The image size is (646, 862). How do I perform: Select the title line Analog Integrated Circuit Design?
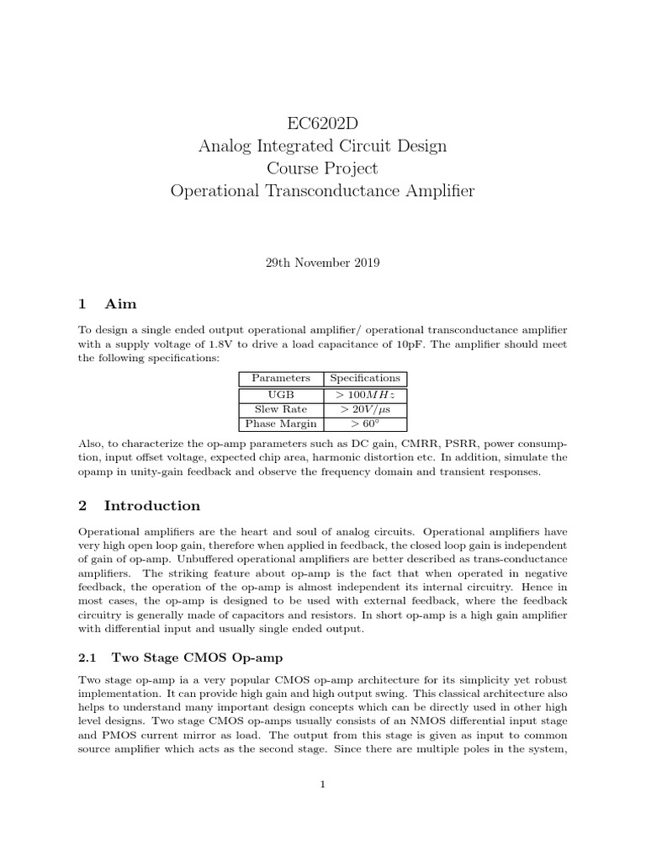coord(322,146)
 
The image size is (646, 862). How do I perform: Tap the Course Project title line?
coord(322,168)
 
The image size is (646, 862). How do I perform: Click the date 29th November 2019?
coord(322,263)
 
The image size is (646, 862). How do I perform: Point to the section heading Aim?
coord(120,303)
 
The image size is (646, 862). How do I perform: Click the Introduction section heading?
coord(152,506)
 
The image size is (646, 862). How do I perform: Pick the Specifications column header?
coord(365,379)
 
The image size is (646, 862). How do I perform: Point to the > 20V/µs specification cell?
coord(365,409)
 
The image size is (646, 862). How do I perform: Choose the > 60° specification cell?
coord(365,423)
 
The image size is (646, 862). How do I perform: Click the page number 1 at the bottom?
coord(322,785)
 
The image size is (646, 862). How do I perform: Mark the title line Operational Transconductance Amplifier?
coord(322,191)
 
